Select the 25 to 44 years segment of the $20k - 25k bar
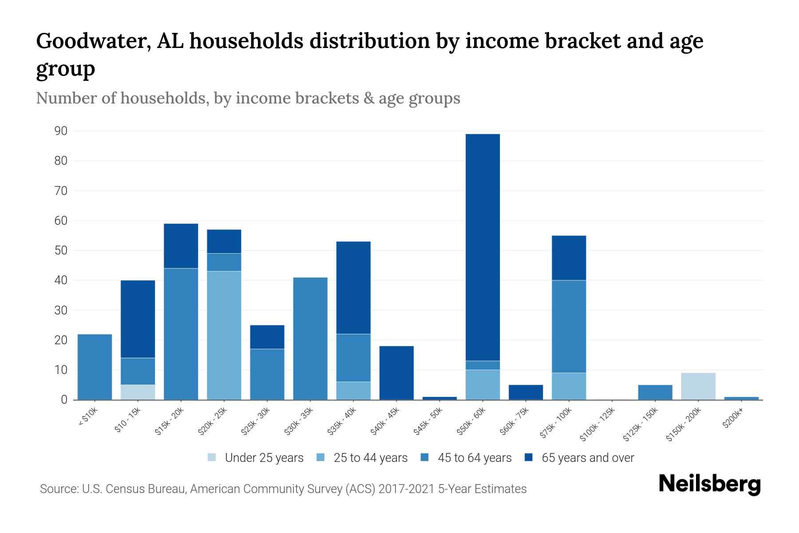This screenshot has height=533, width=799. point(224,335)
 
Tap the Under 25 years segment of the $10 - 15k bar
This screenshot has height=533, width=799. point(138,392)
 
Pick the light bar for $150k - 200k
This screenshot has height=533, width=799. point(698,386)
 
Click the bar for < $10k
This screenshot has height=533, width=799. point(95,367)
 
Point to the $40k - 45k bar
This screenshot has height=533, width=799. point(396,373)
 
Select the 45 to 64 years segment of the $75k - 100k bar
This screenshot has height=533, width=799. point(569,326)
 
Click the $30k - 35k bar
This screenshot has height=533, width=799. point(310,338)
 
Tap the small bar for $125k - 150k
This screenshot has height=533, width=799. point(655,392)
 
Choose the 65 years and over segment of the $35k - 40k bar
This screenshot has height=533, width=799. point(353,287)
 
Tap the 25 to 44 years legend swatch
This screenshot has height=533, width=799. point(321,457)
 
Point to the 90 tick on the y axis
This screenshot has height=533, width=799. point(61,131)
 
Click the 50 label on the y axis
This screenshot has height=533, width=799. point(61,251)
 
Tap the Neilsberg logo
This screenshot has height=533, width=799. point(709,485)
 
